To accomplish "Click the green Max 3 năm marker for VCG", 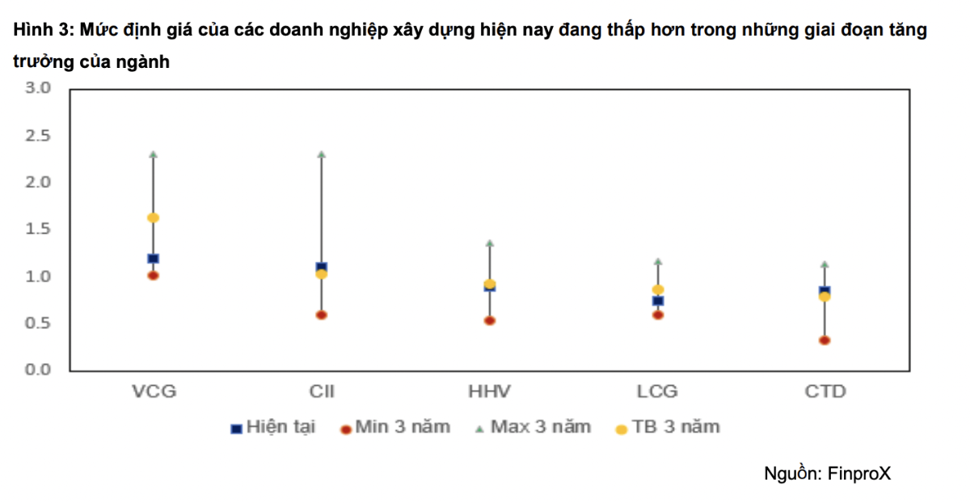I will coord(153,154).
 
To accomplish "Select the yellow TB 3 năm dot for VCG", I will coord(153,218).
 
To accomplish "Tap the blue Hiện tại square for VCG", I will coord(153,259).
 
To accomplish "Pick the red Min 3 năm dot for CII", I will coord(321,315).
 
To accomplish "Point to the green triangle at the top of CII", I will coord(321,154).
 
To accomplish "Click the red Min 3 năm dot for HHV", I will coord(489,321).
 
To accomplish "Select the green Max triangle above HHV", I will coord(489,243).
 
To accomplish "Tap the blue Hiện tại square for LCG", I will coord(657,301).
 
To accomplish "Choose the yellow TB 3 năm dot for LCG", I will coord(657,290).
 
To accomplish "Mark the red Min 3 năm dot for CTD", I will coord(824,340).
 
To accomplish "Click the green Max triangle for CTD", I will coord(824,264).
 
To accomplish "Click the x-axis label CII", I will coord(321,392).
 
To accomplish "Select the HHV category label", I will coord(489,392).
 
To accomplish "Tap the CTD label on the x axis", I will coord(824,392).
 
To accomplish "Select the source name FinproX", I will coord(859,474).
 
